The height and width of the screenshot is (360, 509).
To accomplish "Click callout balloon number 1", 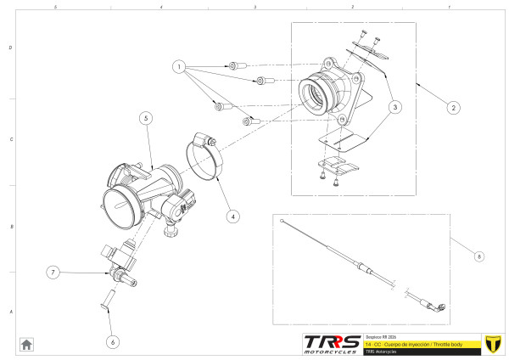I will tap(179, 65).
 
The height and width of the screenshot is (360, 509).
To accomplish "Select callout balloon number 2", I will tap(454, 108).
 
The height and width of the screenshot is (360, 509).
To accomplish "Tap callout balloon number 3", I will tap(395, 108).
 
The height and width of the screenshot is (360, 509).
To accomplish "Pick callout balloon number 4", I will tap(232, 216).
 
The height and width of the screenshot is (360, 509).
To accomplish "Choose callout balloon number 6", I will tap(113, 341).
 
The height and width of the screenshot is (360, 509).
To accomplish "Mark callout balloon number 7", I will tap(53, 273).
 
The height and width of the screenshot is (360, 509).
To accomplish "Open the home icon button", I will tap(27, 344).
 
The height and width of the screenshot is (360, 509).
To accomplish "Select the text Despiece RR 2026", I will tap(382, 335).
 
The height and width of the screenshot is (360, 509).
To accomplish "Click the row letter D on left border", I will tap(10, 48).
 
